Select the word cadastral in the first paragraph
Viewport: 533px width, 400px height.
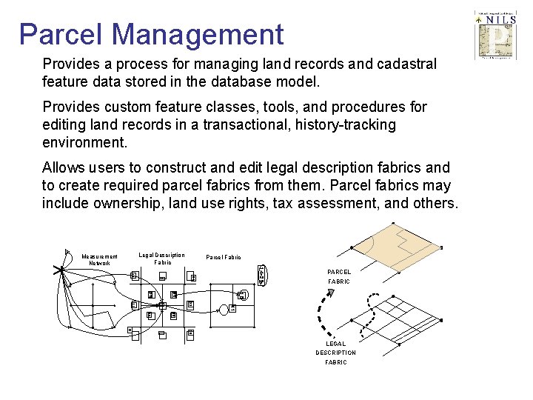(x=406, y=64)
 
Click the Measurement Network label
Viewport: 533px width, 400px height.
(x=100, y=259)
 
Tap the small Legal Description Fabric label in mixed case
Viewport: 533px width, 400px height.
(x=162, y=259)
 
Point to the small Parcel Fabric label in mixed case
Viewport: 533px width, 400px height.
(x=223, y=258)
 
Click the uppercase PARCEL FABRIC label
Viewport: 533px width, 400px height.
(x=339, y=276)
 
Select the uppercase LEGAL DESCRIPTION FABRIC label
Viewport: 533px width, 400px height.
(x=335, y=353)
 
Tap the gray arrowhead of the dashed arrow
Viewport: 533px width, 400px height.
(x=330, y=293)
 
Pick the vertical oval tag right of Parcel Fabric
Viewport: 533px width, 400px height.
(x=260, y=274)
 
